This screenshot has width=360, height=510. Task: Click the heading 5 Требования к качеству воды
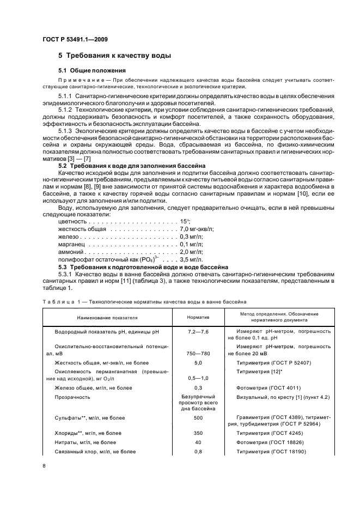coord(115,56)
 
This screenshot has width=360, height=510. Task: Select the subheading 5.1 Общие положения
coord(92,70)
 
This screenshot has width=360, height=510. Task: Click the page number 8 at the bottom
coord(44,465)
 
